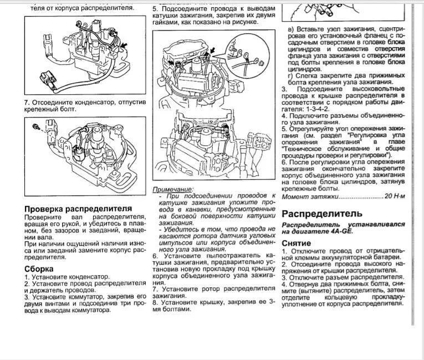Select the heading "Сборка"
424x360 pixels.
click(39, 268)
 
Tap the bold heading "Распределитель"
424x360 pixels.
click(322, 214)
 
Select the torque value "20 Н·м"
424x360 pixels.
click(395, 196)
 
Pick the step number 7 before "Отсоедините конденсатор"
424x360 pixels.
click(26, 103)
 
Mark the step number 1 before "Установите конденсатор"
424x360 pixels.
click(27, 276)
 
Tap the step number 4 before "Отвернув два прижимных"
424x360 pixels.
click(284, 284)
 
